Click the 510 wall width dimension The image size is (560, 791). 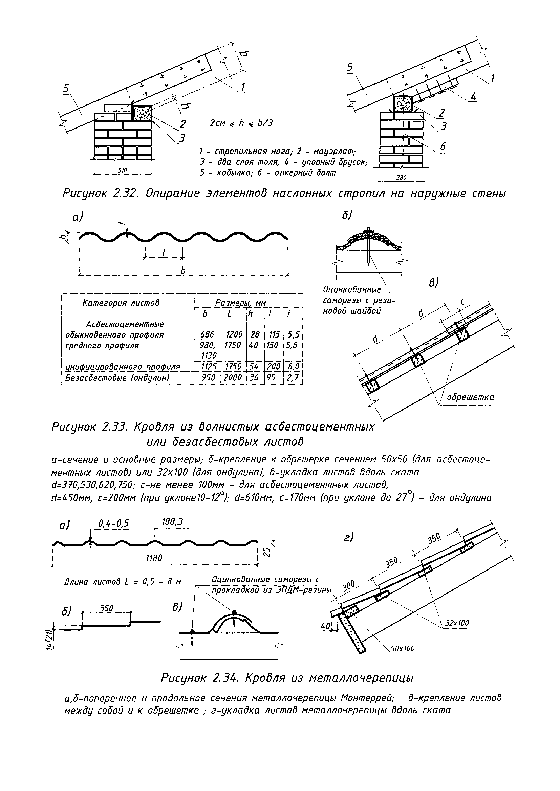[123, 170]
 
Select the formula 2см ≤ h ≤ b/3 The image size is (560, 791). [241, 123]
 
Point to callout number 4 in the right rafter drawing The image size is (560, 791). [473, 97]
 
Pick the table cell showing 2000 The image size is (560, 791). [232, 378]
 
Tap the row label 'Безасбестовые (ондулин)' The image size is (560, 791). [117, 378]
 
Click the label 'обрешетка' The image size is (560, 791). [470, 397]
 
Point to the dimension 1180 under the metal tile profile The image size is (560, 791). [154, 558]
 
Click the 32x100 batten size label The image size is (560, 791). [457, 623]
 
